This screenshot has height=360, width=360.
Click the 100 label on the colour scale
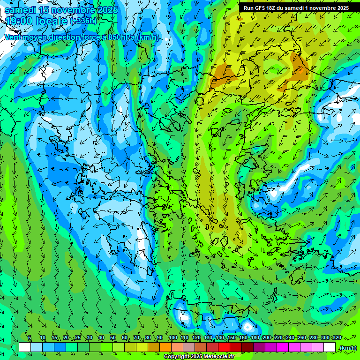[x=173, y=338]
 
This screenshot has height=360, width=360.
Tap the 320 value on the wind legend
[x=337, y=338]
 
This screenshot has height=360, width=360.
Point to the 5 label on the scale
[x=30, y=338]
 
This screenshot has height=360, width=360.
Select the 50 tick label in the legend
[x=113, y=338]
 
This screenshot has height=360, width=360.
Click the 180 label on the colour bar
[x=255, y=338]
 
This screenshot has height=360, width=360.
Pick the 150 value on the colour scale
[x=232, y=338]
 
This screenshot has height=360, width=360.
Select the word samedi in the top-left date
[x=20, y=10]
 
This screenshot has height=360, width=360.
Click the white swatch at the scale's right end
[x=330, y=347]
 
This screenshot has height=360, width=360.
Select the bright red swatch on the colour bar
[x=224, y=347]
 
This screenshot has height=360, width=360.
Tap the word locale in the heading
[x=51, y=21]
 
